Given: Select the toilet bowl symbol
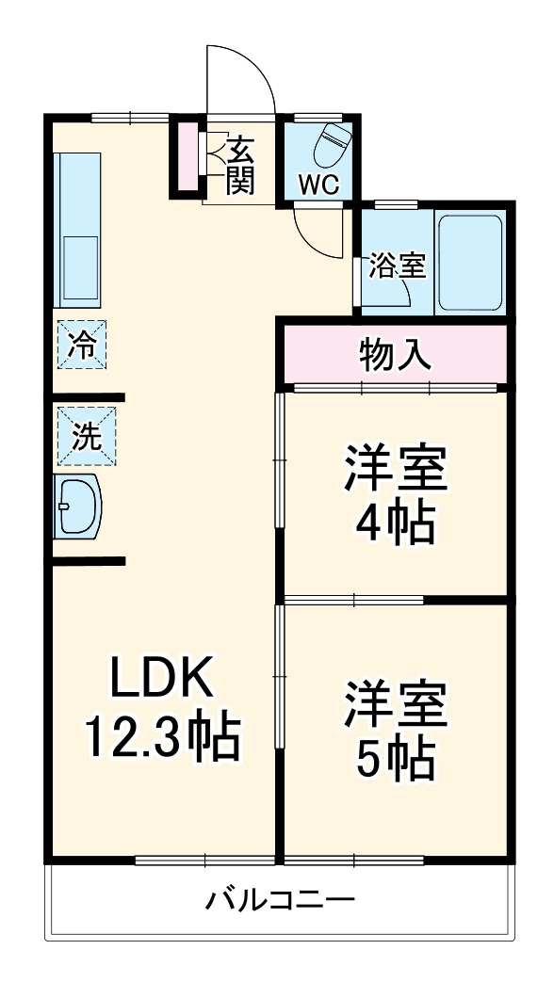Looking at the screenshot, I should click(334, 144).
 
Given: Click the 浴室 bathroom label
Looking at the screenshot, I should click(397, 266).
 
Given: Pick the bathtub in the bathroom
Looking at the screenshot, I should click(471, 263).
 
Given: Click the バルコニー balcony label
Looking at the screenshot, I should click(281, 900).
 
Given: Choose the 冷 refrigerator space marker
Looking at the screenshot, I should click(82, 345).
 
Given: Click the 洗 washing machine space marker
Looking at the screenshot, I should click(86, 436).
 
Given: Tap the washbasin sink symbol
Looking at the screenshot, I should click(76, 506).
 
